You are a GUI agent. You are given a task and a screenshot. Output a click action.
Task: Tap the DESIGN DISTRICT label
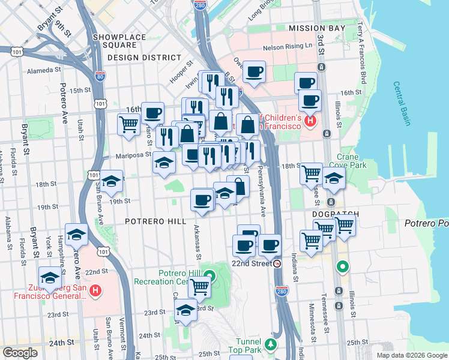coord(144,58)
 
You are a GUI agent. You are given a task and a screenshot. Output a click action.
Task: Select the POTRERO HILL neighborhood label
coord(155,221)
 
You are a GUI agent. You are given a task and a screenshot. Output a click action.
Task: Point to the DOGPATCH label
coord(335,214)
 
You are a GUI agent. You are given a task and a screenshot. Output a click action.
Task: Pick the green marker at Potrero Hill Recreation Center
coord(209,277)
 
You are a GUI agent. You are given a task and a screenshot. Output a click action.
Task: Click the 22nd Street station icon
coord(277,263)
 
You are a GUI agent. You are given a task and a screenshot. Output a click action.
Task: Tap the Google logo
coord(20,353)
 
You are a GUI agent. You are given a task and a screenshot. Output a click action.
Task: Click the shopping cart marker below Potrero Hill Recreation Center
coord(199,287)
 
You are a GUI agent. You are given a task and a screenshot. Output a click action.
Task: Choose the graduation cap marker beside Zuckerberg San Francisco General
coord(50,278)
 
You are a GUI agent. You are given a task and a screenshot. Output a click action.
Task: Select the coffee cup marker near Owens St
coord(254,73)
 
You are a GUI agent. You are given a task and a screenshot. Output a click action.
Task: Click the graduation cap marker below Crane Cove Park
coord(334,178)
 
